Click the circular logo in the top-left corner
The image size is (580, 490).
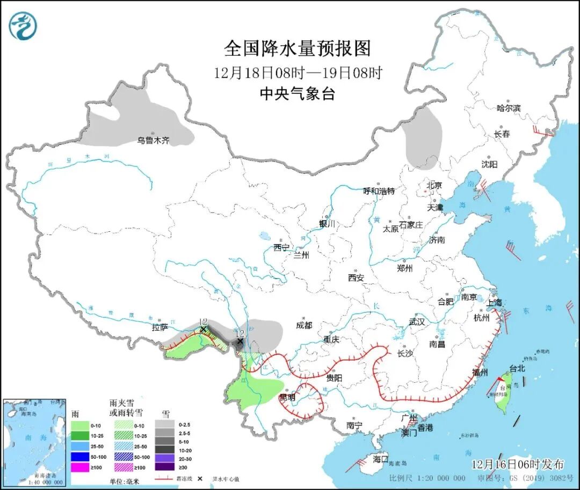coord(23,25)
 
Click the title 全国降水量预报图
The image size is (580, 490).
coord(297,49)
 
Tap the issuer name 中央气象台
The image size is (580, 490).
coord(297,94)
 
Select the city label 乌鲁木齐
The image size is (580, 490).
coord(153,141)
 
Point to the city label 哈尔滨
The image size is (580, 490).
coord(509,108)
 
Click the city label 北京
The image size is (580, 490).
coord(434,185)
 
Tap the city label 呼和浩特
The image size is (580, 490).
coord(379,191)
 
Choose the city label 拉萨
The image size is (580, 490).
coord(160,327)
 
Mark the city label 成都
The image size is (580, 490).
coord(303,325)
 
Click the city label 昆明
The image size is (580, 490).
coord(287,397)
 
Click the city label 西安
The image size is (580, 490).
coord(356,277)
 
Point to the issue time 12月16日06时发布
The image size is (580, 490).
coord(518,464)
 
